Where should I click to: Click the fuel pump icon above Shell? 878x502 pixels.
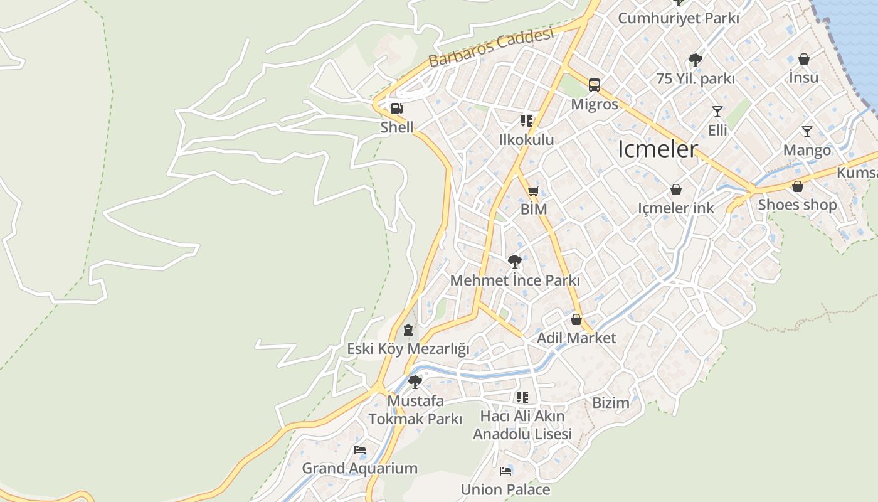point(396,109)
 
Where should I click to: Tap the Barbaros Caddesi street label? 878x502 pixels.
point(492,48)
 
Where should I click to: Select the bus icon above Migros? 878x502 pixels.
point(595,85)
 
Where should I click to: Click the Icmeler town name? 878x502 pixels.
point(658,149)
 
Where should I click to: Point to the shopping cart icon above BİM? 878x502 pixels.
point(533,191)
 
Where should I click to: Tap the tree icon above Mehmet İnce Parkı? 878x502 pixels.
point(515,261)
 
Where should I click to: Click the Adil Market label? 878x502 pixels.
point(576,338)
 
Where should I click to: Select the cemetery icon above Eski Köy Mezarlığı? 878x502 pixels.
point(408,329)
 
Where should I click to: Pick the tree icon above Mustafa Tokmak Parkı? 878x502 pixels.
point(415,382)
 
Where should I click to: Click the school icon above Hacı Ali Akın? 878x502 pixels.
point(522,397)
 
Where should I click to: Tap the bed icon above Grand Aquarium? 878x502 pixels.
point(360,449)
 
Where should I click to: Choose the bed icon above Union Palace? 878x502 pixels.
point(505,471)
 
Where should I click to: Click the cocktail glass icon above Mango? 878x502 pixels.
point(807,132)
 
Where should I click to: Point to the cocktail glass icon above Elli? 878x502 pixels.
point(717,112)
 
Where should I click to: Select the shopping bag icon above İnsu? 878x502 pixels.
point(804,59)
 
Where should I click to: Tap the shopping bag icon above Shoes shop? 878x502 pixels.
point(798,186)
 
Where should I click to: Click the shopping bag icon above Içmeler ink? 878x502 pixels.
point(676,190)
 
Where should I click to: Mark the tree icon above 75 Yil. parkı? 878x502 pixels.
point(695,60)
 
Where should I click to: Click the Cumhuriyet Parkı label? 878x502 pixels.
point(679,18)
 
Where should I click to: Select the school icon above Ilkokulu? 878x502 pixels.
point(527,120)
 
